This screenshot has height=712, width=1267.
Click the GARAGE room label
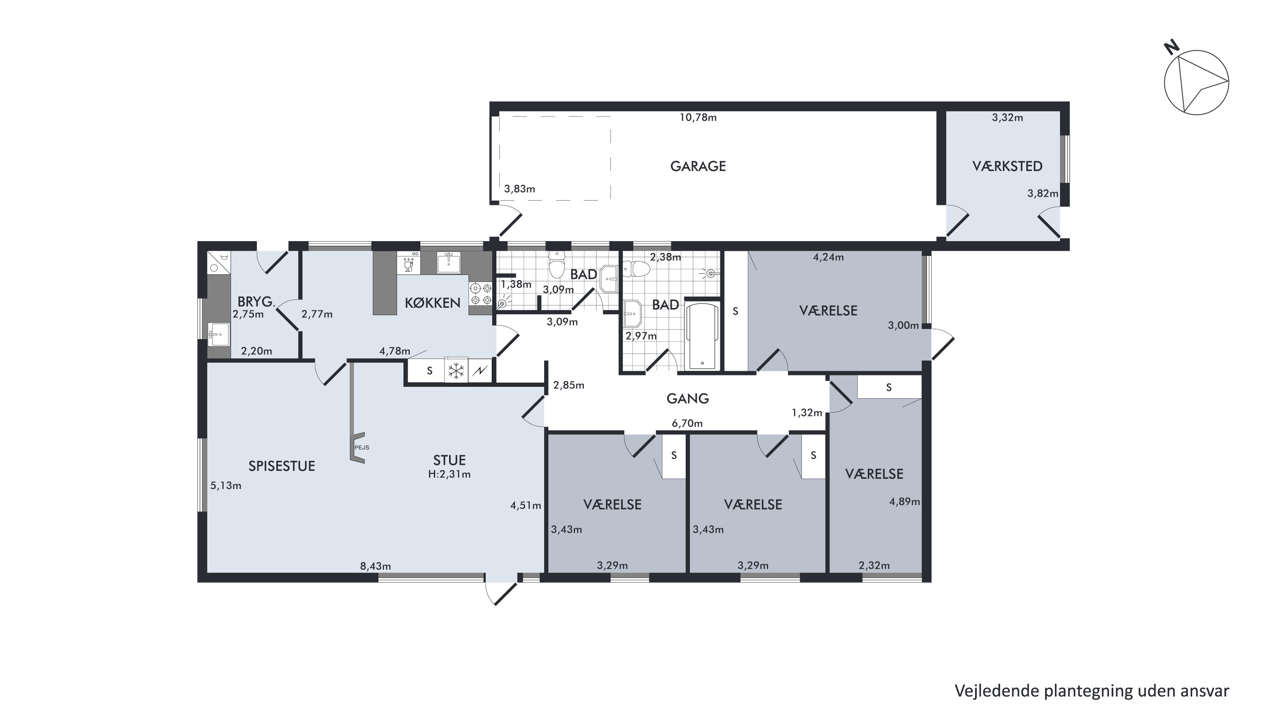point(698,166)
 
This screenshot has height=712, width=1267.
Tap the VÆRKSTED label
point(1007,166)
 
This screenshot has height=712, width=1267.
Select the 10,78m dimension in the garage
point(698,117)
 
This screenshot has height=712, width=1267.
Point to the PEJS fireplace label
point(362,448)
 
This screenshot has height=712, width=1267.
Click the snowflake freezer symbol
point(456,371)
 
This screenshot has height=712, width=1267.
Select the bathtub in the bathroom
point(702,336)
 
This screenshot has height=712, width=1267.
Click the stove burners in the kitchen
point(480,294)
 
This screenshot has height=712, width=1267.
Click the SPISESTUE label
point(281,466)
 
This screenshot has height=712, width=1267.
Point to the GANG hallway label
point(688,398)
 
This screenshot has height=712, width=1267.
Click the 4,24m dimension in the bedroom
point(828,257)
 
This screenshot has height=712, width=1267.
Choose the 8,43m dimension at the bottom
point(375,566)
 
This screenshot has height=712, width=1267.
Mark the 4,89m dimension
point(905,502)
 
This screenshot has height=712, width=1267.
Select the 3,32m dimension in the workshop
point(1007,117)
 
